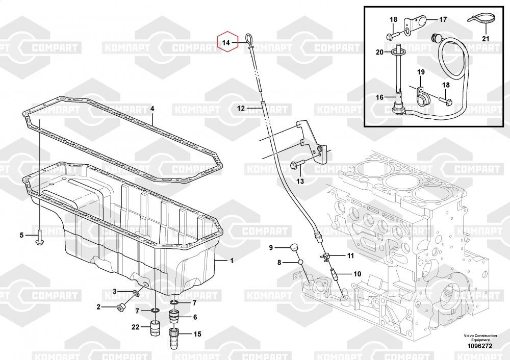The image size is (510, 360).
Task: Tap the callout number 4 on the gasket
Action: pyautogui.click(x=151, y=109)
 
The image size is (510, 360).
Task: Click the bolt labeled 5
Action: pyautogui.click(x=39, y=237)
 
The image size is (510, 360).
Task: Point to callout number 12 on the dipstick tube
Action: pyautogui.click(x=241, y=108)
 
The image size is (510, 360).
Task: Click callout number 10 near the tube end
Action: pyautogui.click(x=357, y=274)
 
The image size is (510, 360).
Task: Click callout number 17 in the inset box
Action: pyautogui.click(x=443, y=20)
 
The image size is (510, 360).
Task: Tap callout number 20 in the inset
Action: pyautogui.click(x=379, y=52)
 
